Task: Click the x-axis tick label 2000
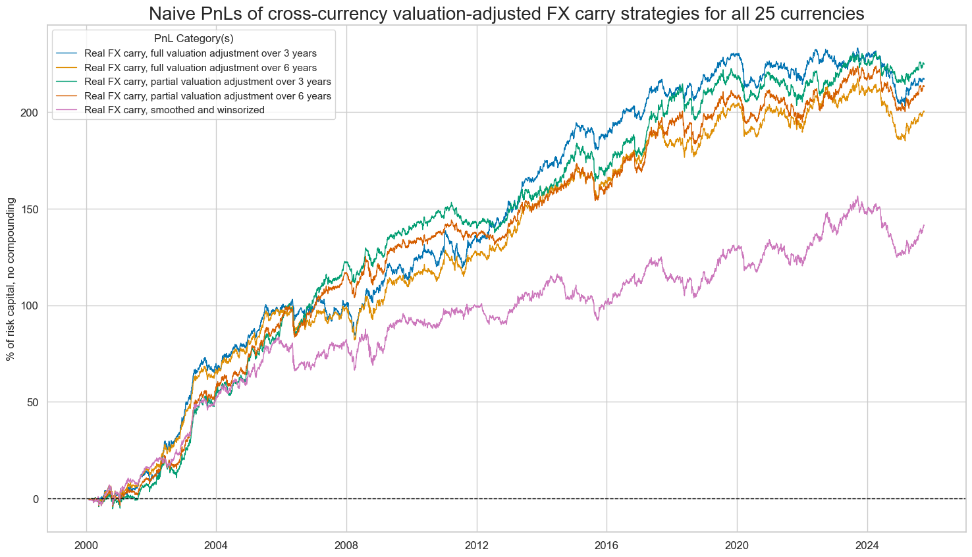[x=86, y=545]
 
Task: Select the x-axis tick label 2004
[x=216, y=545]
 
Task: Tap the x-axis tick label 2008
[x=346, y=545]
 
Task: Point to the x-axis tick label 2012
[x=476, y=545]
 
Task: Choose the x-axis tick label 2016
[x=607, y=545]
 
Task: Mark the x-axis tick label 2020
[x=737, y=545]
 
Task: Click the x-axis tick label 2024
[x=867, y=545]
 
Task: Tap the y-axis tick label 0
[x=36, y=499]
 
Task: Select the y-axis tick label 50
[x=34, y=402]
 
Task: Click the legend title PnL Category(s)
[x=194, y=39]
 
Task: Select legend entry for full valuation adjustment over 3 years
[x=200, y=53]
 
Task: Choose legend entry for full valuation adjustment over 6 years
[x=200, y=68]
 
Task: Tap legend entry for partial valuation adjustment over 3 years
[x=207, y=82]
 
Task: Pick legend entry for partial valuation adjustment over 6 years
[x=207, y=96]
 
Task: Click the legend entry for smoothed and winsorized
[x=175, y=110]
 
